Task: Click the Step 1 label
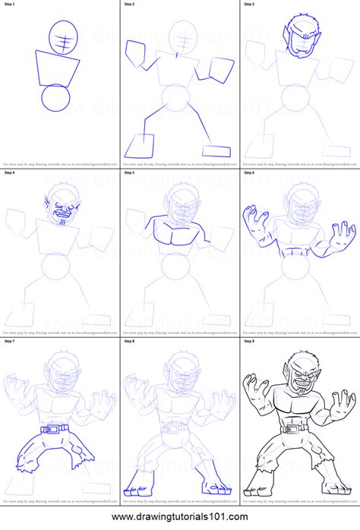(x=9, y=5)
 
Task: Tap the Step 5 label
(x=129, y=173)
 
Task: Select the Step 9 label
(x=249, y=342)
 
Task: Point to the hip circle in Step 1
(x=56, y=99)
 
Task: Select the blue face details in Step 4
(x=64, y=207)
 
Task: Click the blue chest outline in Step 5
(x=179, y=232)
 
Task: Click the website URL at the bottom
(x=180, y=518)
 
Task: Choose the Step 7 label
(x=9, y=342)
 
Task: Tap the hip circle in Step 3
(x=298, y=99)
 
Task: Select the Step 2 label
(x=129, y=5)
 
